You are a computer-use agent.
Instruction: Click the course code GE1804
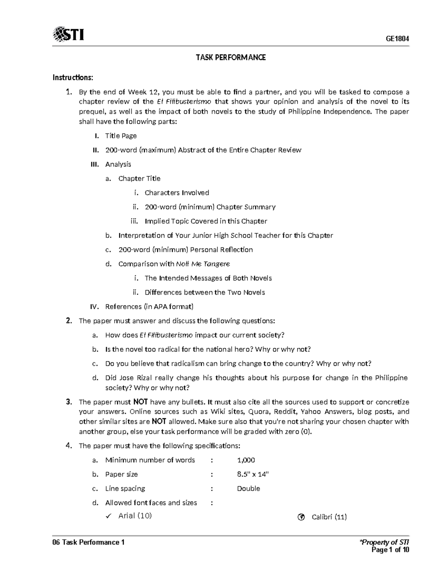click(397, 39)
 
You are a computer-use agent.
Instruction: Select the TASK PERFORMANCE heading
click(231, 57)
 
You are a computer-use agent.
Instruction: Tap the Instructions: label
click(72, 77)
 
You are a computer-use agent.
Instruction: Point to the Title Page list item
click(121, 136)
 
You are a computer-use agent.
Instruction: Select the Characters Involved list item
click(177, 193)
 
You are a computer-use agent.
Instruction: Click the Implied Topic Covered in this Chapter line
click(206, 221)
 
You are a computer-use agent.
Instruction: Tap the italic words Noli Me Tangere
click(203, 264)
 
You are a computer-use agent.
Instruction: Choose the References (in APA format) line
click(149, 307)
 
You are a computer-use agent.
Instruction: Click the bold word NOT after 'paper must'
click(140, 402)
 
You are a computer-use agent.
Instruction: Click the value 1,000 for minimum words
click(246, 460)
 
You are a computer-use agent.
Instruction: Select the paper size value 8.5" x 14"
click(253, 474)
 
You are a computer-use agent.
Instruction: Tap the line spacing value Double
click(248, 488)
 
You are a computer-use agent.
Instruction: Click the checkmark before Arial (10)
click(109, 516)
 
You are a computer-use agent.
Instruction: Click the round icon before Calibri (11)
click(301, 517)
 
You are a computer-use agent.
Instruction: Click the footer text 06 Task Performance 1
click(88, 542)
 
